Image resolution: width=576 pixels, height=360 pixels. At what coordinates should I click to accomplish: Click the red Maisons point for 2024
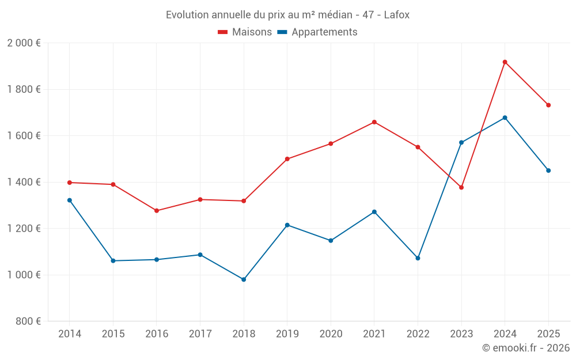point(505,62)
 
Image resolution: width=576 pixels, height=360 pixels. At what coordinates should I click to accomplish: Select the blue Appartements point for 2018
point(244,279)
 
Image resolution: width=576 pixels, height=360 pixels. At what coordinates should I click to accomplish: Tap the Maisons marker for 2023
point(461,187)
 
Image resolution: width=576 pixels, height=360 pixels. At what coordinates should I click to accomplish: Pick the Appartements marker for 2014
point(70,200)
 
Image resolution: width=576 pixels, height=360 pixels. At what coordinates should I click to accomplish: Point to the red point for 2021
point(374,122)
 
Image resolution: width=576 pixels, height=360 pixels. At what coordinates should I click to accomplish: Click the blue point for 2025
point(548,170)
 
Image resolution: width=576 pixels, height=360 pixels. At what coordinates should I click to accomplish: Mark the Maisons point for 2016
point(157,211)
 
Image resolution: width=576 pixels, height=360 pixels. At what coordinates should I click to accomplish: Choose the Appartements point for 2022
point(418,258)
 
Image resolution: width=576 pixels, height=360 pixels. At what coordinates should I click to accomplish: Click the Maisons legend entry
point(245,32)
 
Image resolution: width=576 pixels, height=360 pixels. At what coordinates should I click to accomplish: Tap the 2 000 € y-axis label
point(24,43)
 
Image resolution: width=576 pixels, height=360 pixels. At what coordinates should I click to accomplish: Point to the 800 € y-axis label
point(28,321)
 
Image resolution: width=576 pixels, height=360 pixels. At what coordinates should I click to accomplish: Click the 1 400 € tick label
point(24,182)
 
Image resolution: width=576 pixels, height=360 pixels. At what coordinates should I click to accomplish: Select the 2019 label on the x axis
point(287,334)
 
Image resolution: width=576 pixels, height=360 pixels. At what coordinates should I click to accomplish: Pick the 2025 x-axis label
point(548,334)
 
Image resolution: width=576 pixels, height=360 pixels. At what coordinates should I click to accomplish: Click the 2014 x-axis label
point(70,334)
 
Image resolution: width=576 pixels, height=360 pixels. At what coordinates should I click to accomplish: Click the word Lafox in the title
point(397,15)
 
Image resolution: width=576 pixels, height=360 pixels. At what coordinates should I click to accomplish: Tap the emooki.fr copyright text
point(525,348)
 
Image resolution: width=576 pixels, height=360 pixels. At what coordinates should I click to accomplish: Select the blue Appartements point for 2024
point(505,118)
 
